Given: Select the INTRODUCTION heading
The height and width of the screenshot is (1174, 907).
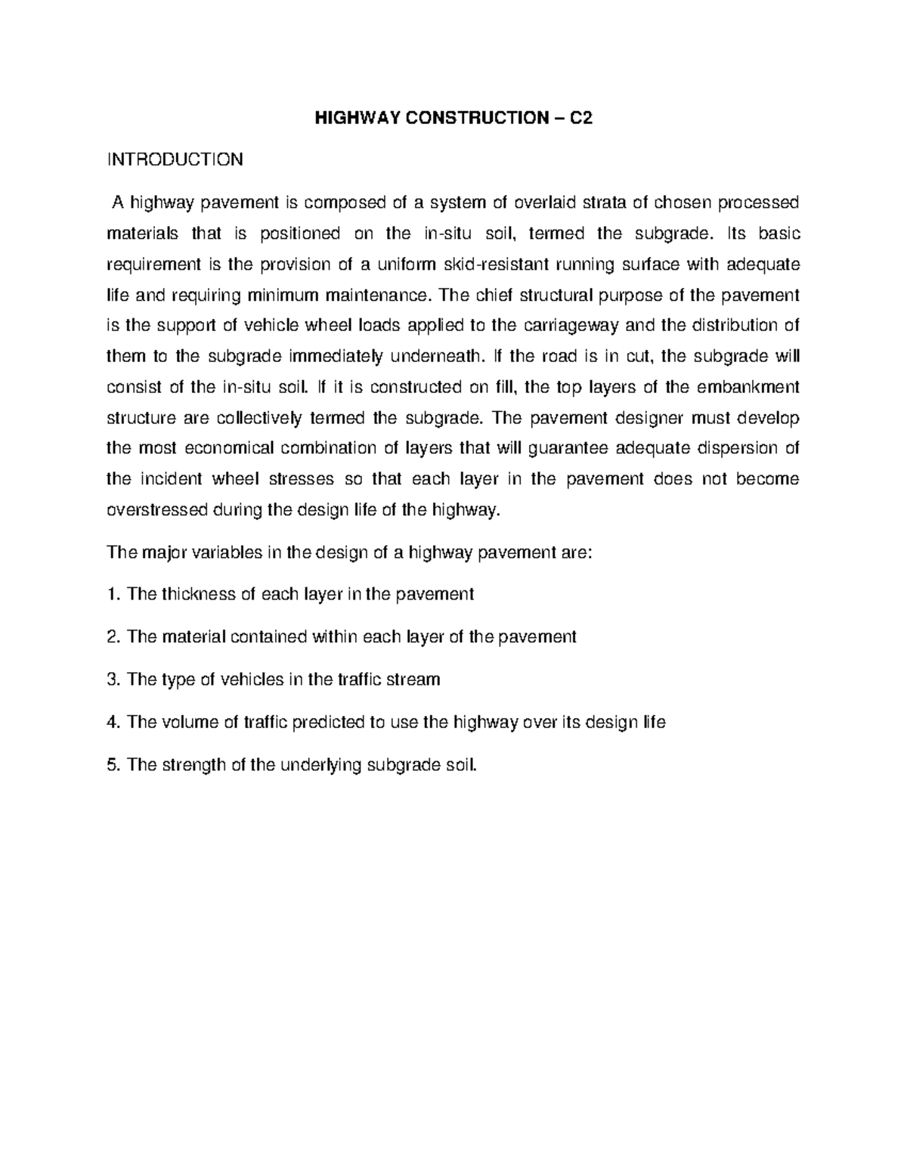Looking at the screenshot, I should [175, 160].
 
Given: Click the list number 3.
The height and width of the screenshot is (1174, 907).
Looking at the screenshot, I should [113, 679].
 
